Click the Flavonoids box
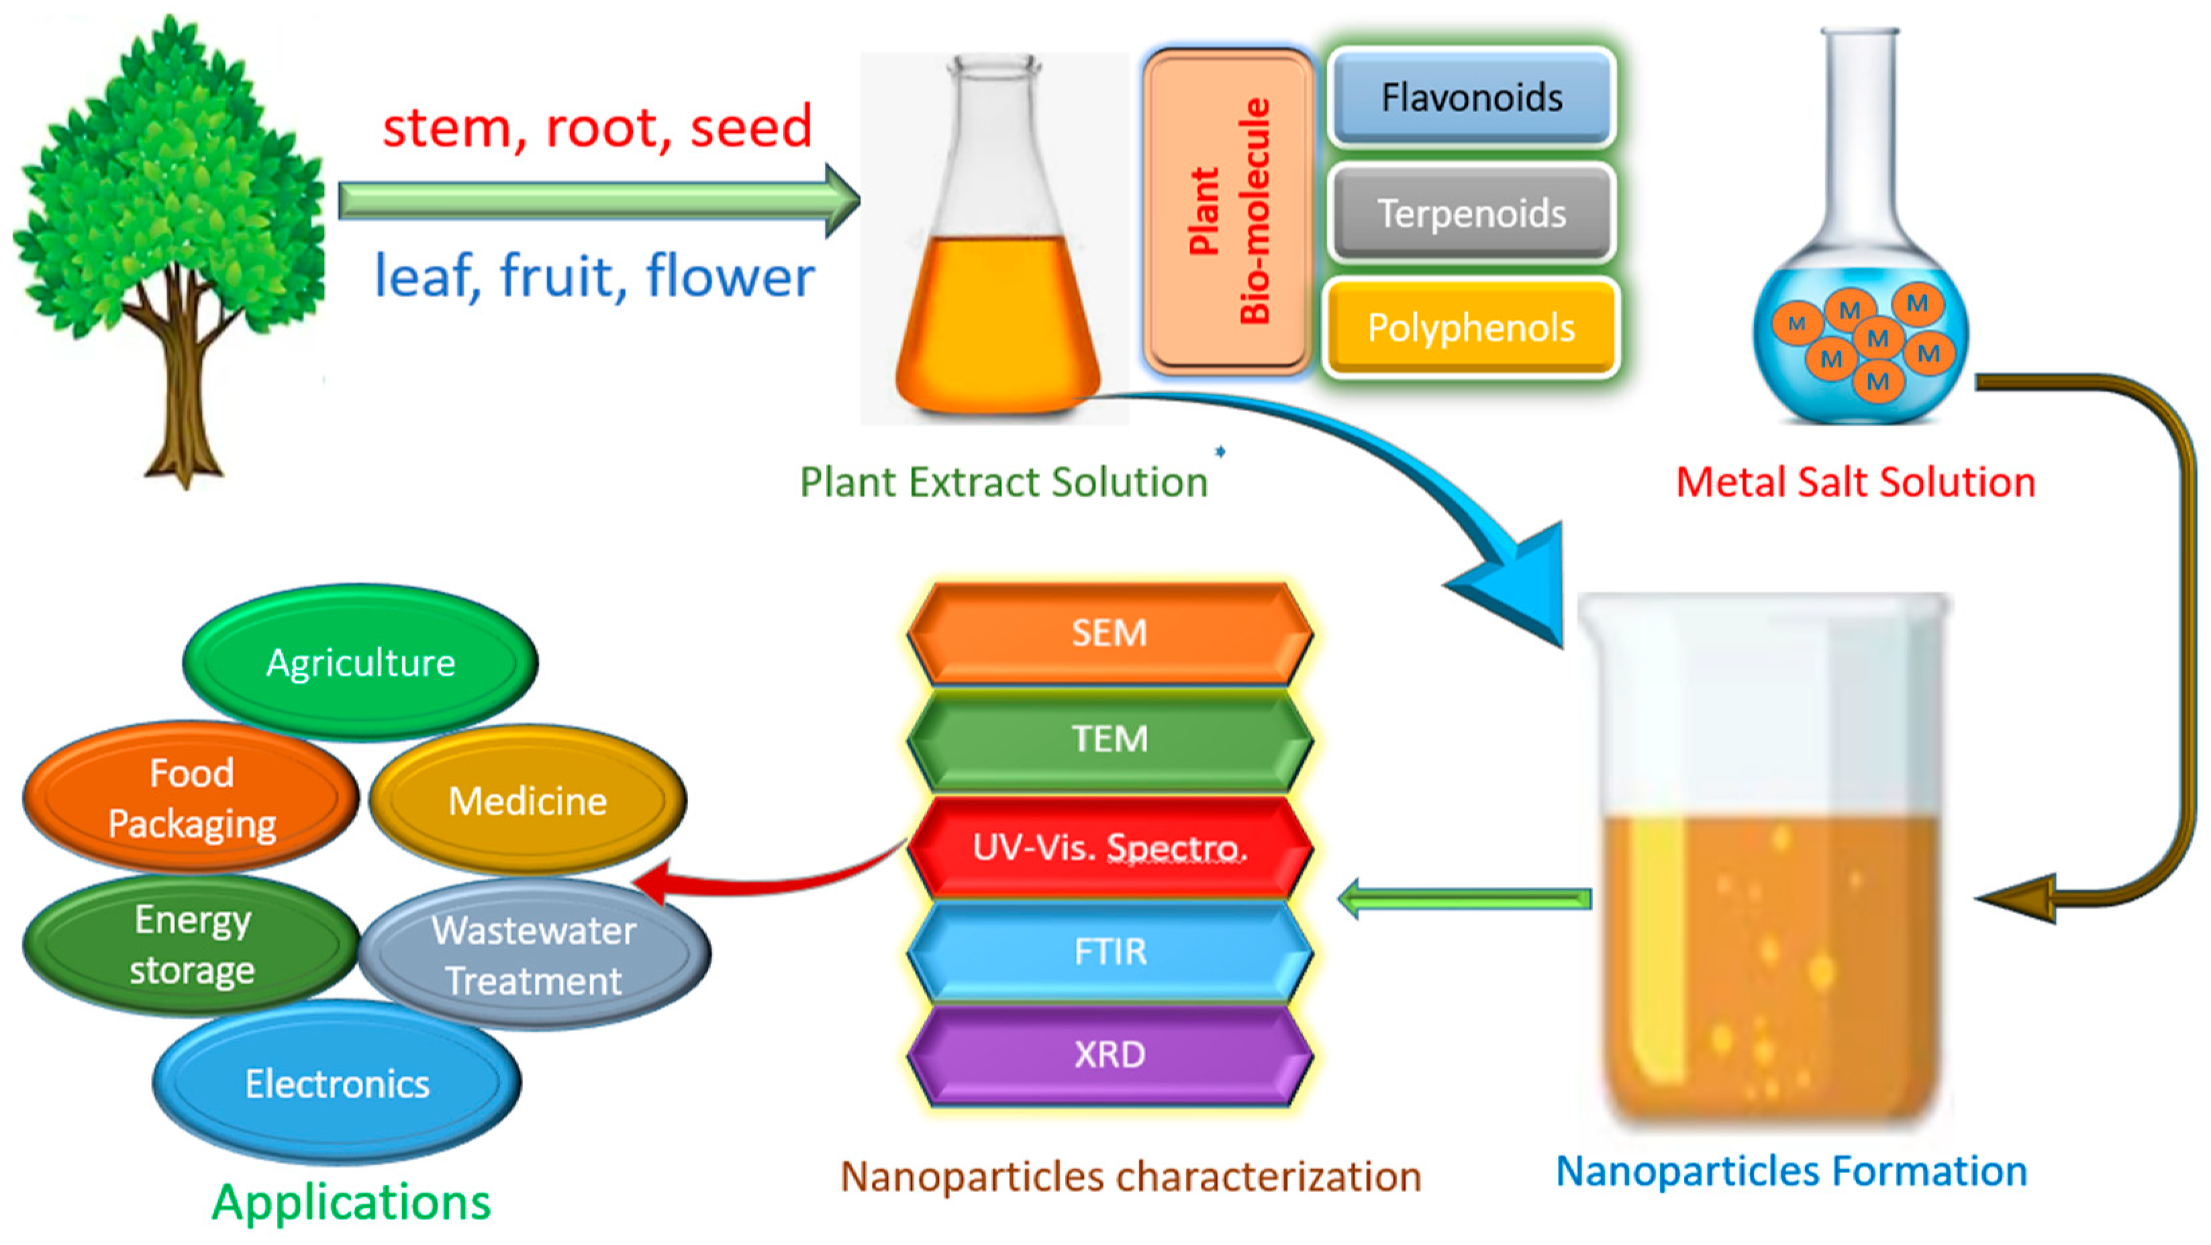[x=1471, y=98]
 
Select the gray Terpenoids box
[x=1471, y=213]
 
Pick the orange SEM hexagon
[x=1109, y=633]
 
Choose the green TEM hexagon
[x=1109, y=739]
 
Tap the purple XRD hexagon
[x=1109, y=1054]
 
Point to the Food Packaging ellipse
[x=191, y=798]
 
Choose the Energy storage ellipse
[x=191, y=944]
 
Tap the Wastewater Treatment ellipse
[x=534, y=956]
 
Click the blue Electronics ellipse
[x=336, y=1084]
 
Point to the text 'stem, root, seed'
[x=597, y=127]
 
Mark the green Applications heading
[x=351, y=1202]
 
